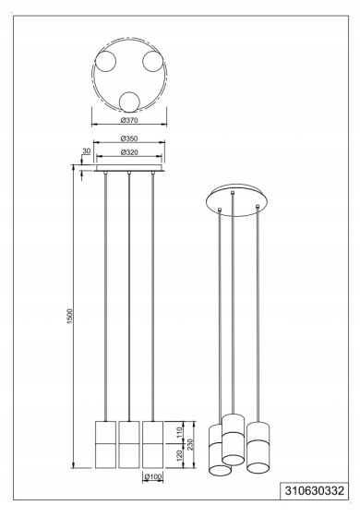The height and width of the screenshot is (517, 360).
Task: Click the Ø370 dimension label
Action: [129, 120]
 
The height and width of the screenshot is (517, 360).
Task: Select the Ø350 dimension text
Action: [129, 138]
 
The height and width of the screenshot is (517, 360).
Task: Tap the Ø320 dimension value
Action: [129, 152]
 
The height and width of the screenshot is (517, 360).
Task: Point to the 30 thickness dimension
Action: [87, 151]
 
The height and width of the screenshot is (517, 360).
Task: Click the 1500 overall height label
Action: [69, 316]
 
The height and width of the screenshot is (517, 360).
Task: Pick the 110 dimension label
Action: [179, 432]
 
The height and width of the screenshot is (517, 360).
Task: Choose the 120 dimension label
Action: [179, 455]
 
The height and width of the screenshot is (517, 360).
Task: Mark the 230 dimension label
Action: [190, 444]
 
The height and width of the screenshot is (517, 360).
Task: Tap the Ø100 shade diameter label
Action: [152, 476]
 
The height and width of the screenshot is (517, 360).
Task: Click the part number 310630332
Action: [314, 491]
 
